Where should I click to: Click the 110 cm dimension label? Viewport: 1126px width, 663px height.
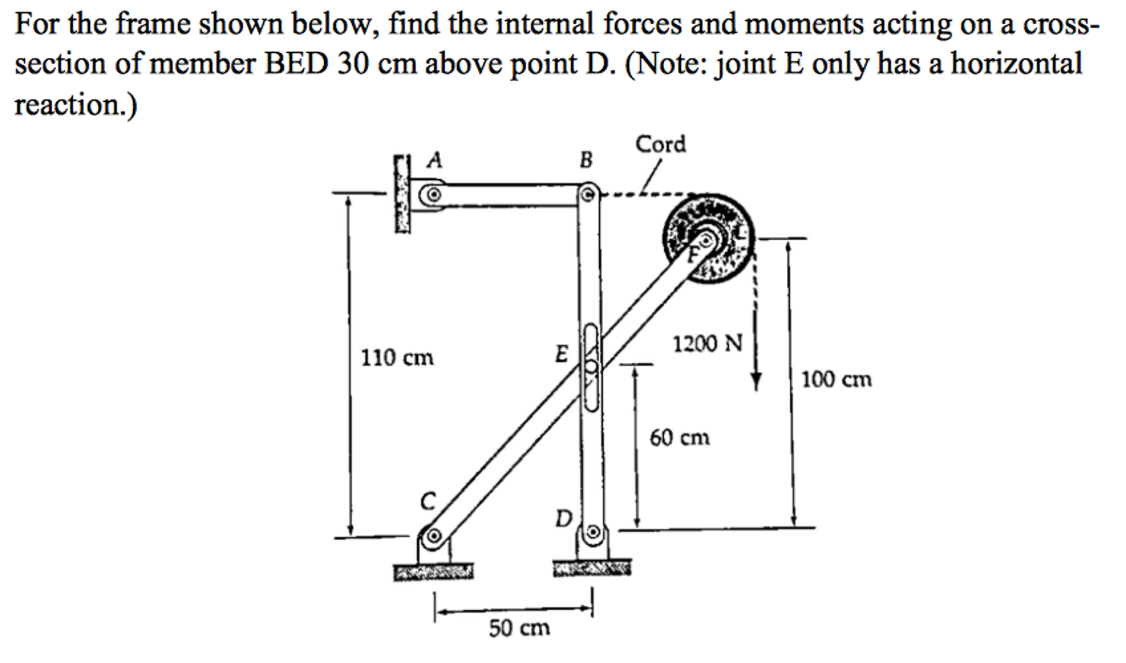coord(397,358)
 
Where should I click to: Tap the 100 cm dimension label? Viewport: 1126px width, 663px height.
coord(836,379)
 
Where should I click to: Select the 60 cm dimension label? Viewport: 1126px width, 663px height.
coord(680,438)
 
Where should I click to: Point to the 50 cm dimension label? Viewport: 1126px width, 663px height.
coord(519,628)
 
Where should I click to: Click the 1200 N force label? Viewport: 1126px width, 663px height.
coord(707,344)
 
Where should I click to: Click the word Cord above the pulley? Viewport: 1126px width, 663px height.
coord(660,145)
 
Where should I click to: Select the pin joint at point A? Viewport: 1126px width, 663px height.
coord(434,195)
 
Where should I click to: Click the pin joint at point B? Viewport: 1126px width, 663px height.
coord(588,194)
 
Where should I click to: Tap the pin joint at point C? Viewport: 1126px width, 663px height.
coord(434,535)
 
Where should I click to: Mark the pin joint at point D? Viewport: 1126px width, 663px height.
coord(593,532)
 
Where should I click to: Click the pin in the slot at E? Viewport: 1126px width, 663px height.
coord(591,366)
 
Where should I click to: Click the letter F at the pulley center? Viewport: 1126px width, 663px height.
coord(695,253)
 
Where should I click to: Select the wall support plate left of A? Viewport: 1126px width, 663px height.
coord(402,194)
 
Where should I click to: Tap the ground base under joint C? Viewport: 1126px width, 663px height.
coord(433,571)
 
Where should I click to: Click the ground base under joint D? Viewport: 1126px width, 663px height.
coord(592,567)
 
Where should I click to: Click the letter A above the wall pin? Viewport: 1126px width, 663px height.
coord(435,160)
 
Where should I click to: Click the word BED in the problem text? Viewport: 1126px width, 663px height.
coord(296,64)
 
